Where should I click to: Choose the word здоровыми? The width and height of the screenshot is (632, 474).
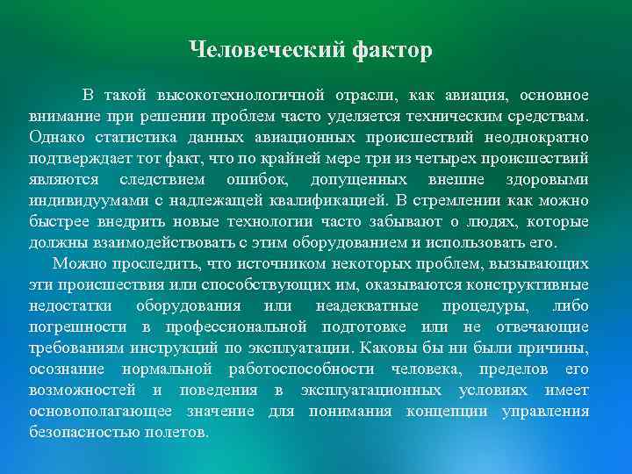pyautogui.click(x=548, y=179)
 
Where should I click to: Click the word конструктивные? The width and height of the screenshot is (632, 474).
pyautogui.click(x=526, y=284)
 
